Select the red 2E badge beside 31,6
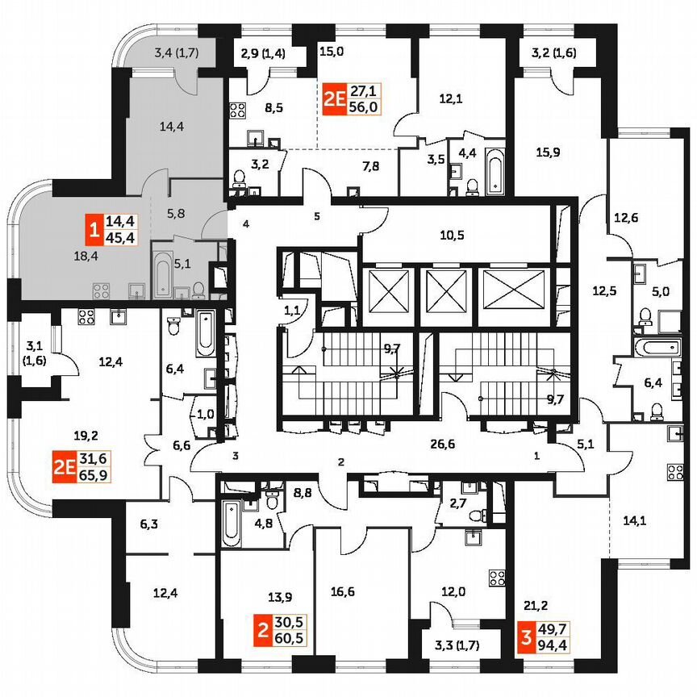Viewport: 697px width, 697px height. [63, 466]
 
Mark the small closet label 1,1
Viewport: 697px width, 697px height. [292, 307]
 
